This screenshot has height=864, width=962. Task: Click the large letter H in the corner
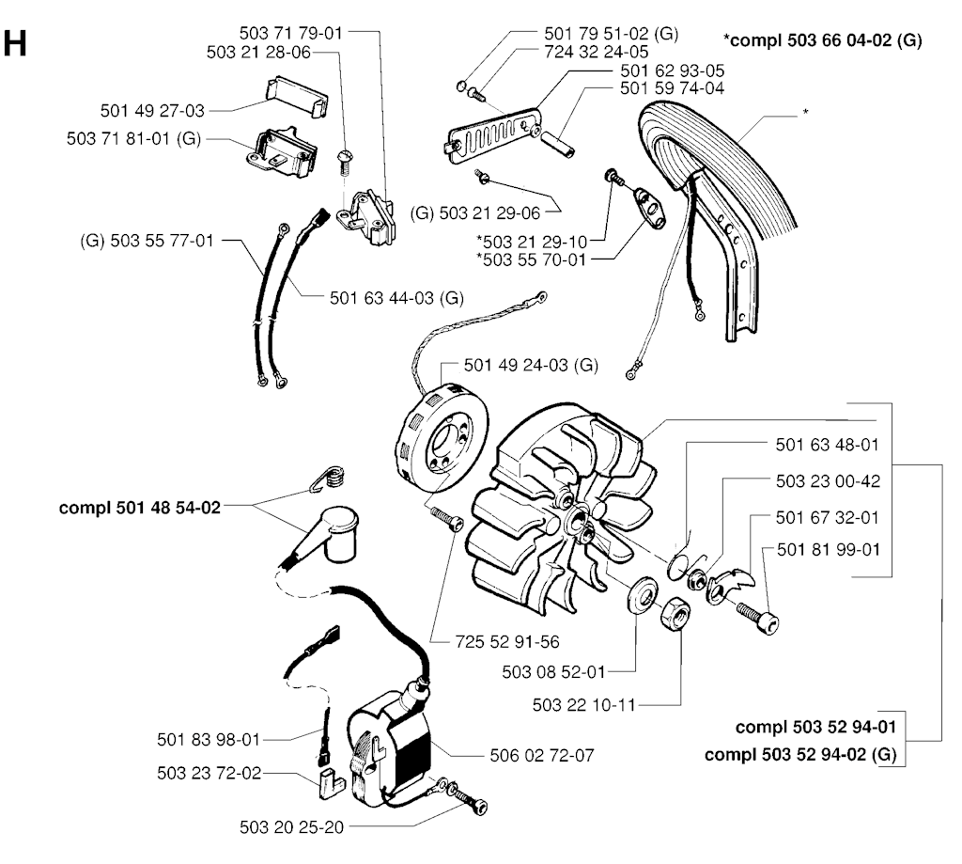pos(16,43)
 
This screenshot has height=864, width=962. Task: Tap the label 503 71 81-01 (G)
pos(135,138)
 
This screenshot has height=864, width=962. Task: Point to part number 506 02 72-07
pos(540,754)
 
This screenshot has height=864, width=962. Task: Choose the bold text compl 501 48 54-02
pos(140,507)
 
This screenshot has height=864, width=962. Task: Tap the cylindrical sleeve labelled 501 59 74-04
pos(560,140)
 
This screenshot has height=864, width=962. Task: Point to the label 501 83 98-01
pos(208,739)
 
